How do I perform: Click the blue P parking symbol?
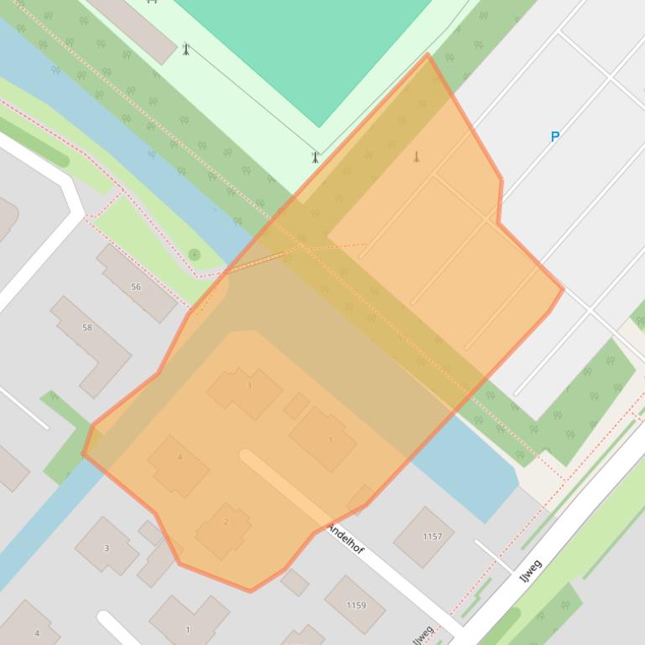554,137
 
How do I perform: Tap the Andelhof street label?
346,539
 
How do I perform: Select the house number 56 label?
136,286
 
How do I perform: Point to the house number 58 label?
87,328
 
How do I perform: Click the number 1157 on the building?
432,536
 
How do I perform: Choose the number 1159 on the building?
356,605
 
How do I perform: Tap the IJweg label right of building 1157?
532,574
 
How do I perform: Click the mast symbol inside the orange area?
416,157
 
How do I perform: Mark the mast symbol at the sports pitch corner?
315,157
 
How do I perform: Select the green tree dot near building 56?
195,254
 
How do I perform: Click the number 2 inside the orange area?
226,522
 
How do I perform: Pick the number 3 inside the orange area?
249,386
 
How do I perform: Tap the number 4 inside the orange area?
179,457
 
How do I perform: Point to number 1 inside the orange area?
330,440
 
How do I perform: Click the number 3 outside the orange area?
107,548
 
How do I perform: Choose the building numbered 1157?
424,536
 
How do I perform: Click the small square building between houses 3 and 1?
296,406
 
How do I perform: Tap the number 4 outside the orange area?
37,633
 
